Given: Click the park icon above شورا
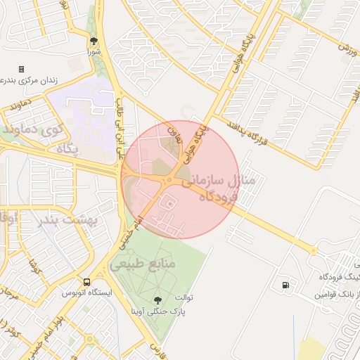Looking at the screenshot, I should [x=94, y=41].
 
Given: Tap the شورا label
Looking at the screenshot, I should [x=94, y=52].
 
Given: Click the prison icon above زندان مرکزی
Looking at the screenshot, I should [x=21, y=69].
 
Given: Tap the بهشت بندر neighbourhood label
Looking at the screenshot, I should [x=63, y=220].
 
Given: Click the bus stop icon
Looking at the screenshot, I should [x=86, y=281].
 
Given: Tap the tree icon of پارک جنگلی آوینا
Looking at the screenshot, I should [x=156, y=300].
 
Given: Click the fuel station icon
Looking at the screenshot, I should [x=284, y=285].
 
